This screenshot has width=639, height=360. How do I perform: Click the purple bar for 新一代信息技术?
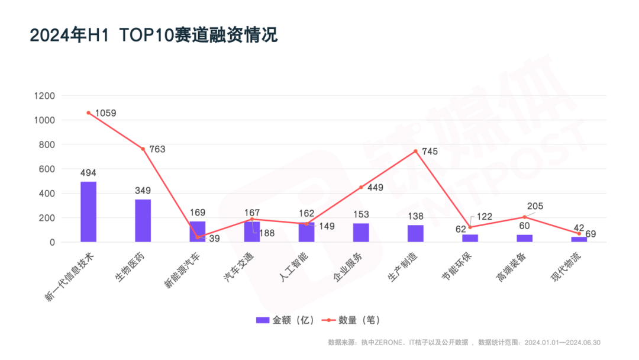point(88,211)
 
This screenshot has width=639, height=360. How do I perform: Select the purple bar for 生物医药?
point(143,220)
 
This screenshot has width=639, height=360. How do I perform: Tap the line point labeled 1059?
point(88,112)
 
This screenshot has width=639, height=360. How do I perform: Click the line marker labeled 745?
point(415,151)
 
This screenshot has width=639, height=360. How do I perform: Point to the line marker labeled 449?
point(361,187)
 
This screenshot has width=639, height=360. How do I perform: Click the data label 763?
point(157,149)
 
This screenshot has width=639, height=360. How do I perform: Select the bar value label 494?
point(88,173)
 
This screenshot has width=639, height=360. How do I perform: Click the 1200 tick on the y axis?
point(45,96)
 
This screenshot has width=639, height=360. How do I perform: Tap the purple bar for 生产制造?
point(415,233)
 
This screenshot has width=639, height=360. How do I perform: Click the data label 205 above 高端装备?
point(535,207)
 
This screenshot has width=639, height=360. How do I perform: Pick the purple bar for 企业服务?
point(361,232)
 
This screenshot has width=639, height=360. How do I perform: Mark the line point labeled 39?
point(198,237)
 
